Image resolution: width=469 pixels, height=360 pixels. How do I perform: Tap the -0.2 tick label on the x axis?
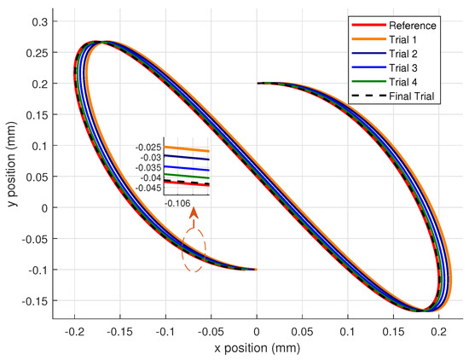[74, 329]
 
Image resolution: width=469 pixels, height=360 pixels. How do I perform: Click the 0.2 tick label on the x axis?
[439, 329]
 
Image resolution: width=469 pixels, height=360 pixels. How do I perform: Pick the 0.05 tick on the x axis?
[302, 329]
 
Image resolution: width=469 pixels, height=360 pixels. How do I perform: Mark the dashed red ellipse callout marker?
[194, 248]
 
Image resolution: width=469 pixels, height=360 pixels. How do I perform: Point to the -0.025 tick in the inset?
[149, 148]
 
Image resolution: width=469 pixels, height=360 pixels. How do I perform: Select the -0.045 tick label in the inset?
[149, 187]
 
